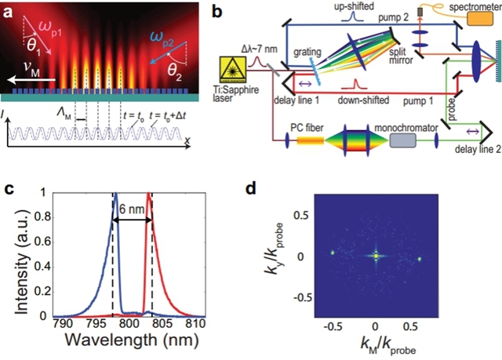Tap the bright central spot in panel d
pos(375,256)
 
